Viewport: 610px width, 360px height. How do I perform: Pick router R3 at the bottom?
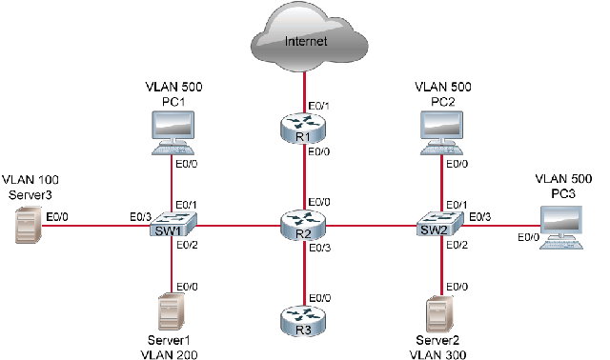click(304, 321)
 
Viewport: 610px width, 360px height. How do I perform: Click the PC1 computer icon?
click(173, 132)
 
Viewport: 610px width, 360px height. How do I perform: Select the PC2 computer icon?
click(441, 132)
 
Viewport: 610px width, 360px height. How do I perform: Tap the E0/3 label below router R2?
click(318, 249)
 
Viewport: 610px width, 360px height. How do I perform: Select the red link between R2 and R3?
click(304, 276)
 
